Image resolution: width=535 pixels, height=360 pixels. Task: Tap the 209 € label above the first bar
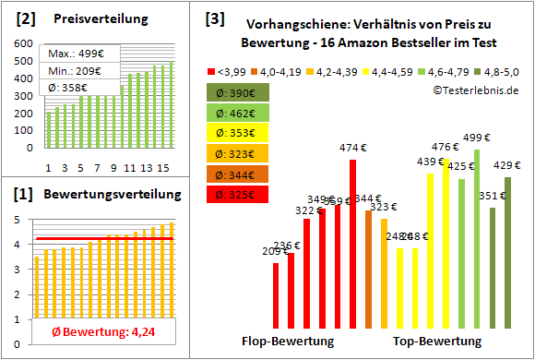pos(275,251)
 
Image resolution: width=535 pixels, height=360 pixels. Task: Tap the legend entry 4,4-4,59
pos(390,70)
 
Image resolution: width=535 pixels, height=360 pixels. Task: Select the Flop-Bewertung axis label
pos(288,342)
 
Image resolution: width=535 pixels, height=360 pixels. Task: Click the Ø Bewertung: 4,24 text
pos(98,332)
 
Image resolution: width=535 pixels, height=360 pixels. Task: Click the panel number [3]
pos(215,18)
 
